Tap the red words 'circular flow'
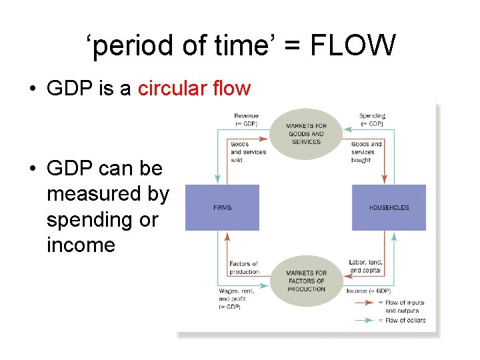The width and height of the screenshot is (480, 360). coord(194,89)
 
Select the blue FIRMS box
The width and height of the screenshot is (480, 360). coord(222,208)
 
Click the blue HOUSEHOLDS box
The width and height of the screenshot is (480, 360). coord(389,208)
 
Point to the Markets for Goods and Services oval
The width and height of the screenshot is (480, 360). coord(306,134)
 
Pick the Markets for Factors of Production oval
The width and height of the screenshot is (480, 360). coord(306,281)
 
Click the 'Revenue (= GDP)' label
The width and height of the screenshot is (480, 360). coord(247,120)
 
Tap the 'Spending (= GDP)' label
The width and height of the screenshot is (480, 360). coord(371,120)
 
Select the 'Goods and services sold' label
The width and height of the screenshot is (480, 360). coord(248,152)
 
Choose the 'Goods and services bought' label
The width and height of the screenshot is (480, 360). coord(367,152)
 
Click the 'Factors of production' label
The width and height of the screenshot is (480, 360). coord(243,268)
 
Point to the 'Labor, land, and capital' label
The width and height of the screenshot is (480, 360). coord(365,265)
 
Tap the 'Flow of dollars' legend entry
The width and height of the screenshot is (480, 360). coord(405,321)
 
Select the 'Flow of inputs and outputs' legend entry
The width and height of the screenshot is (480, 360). coord(405,307)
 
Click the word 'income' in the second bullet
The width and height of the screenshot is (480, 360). coord(81,245)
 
